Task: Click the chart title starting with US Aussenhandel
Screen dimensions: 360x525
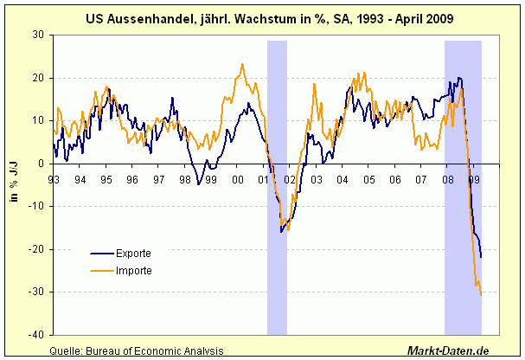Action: coord(261,16)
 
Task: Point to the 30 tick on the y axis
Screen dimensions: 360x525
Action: coord(39,35)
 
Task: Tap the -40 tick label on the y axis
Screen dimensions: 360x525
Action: coord(36,335)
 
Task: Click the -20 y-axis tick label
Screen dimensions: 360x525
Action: coord(36,249)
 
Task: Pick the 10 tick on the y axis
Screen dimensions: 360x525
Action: coord(39,120)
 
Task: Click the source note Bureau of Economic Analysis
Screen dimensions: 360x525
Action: coord(137,350)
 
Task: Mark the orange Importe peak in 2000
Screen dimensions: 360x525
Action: coord(242,64)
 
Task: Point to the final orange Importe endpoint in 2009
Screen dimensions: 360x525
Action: coord(481,294)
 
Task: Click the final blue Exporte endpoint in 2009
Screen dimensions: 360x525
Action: coord(481,257)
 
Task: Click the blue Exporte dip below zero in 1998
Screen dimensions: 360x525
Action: coord(198,183)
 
